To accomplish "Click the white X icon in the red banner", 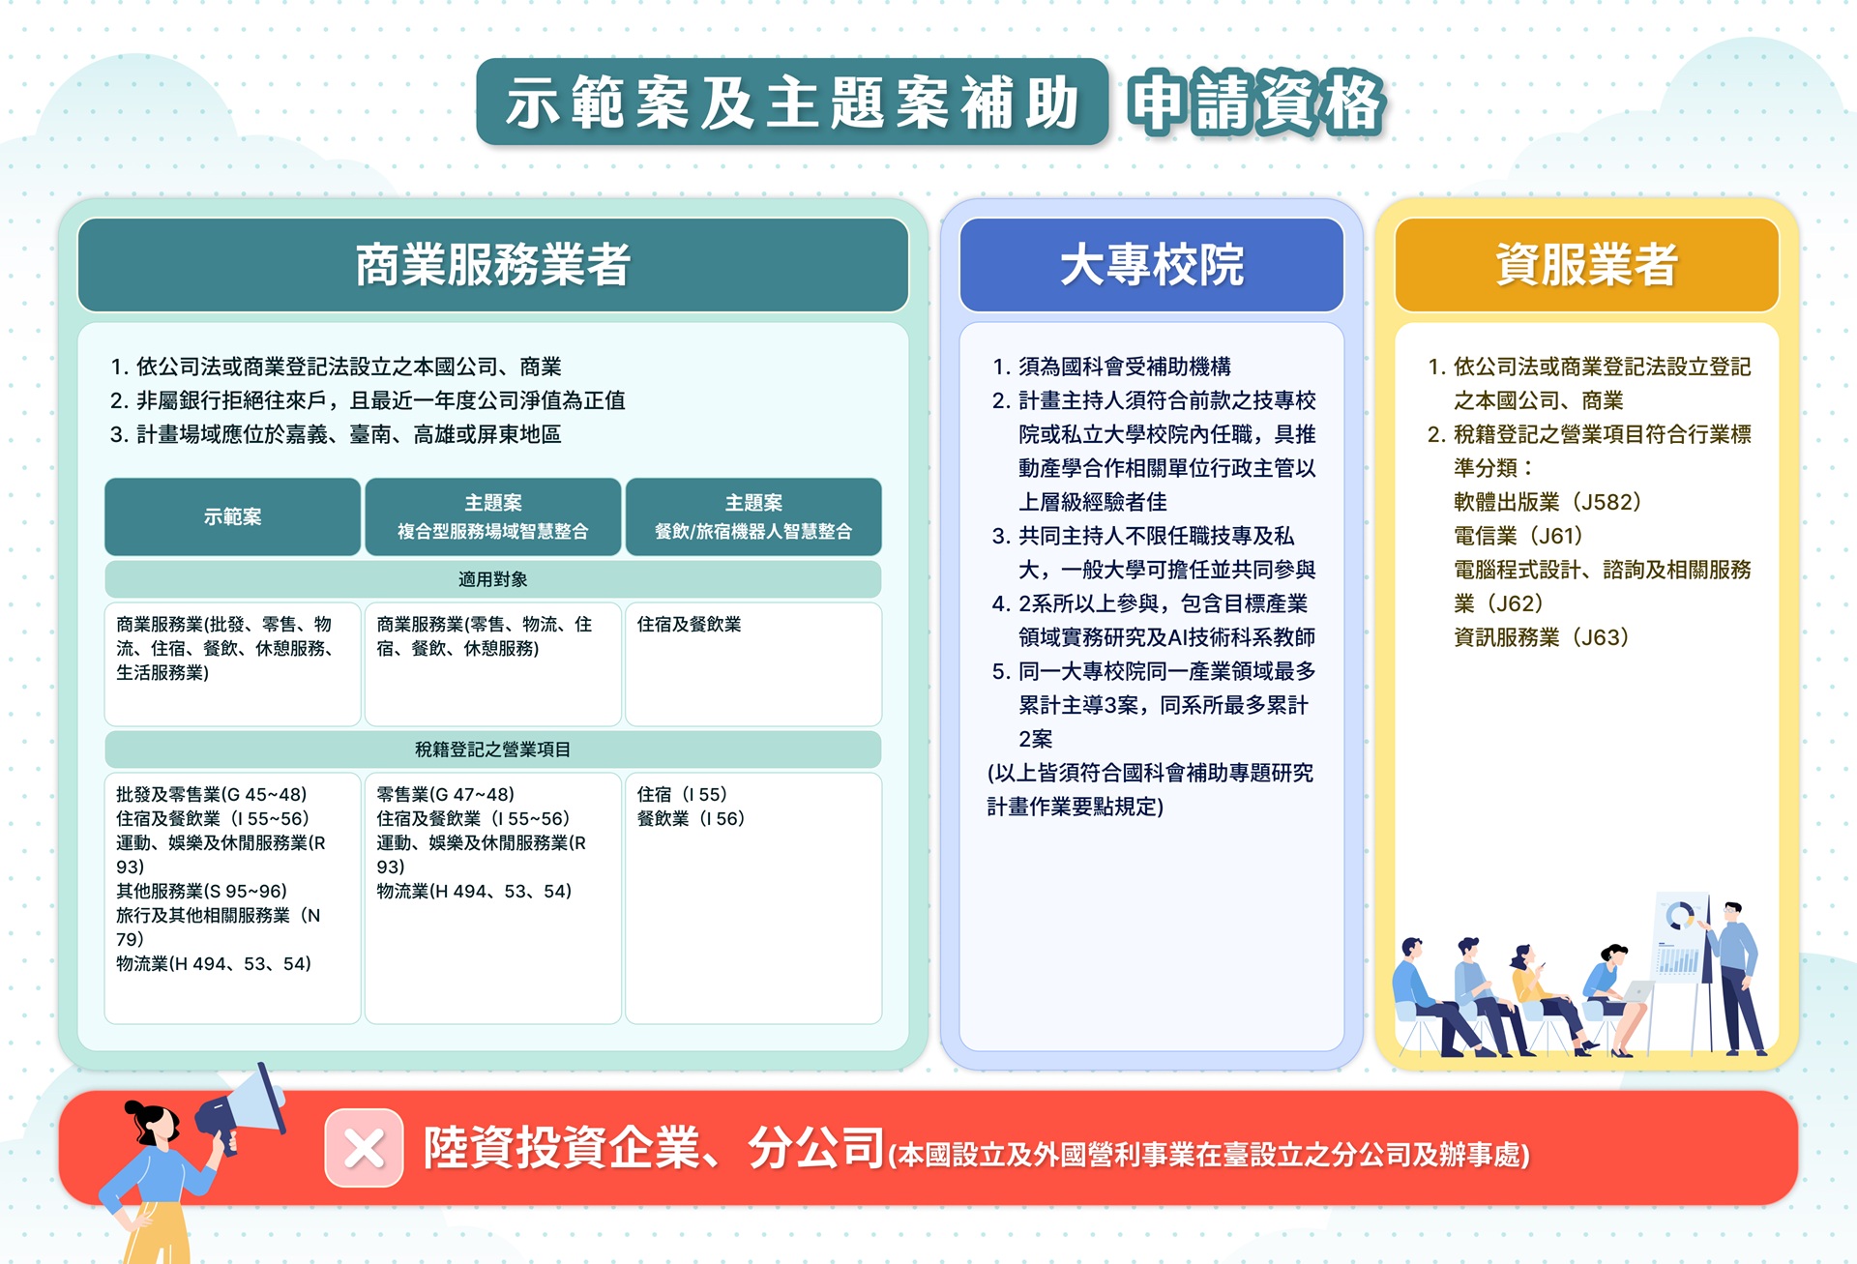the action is coord(364,1148).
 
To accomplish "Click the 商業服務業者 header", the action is coord(493,265).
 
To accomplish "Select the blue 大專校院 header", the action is coord(1152,265).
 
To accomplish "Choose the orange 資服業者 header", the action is coord(1586,265).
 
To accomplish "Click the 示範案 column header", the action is coord(232,516).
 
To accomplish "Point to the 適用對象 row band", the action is coord(493,579).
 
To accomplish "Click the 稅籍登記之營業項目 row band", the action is coord(493,750).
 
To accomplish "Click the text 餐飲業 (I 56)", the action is coord(691,818).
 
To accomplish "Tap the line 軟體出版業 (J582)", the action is coord(1547,502).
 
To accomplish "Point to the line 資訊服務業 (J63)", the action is coord(1542,637).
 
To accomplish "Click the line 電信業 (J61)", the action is coord(1518,536).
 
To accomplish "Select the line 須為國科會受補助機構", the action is coord(1112,367).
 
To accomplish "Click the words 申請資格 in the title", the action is coord(1257,103).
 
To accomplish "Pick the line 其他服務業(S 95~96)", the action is coord(201,891).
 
